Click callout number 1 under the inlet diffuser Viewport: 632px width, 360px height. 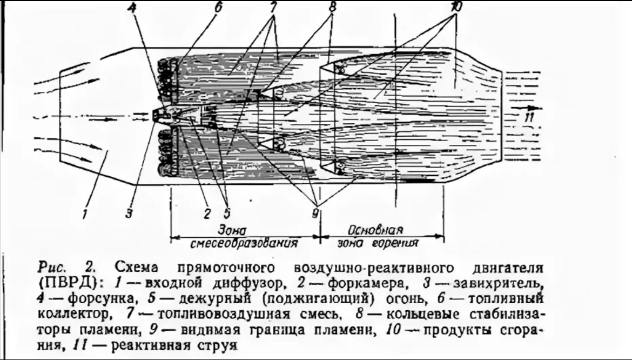pyautogui.click(x=84, y=213)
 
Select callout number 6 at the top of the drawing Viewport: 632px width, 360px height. pyautogui.click(x=219, y=8)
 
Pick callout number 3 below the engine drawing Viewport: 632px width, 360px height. pyautogui.click(x=129, y=213)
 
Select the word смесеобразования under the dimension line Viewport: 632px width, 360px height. pyautogui.click(x=245, y=243)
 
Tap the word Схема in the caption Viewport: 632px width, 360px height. pyautogui.click(x=137, y=268)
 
